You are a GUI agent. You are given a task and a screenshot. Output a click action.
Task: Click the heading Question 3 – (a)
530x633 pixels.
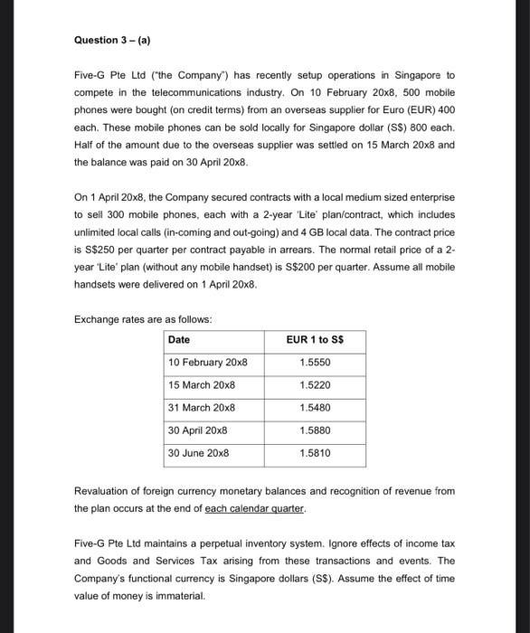pos(116,40)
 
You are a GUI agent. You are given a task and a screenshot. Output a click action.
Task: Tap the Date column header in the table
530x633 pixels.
pos(179,339)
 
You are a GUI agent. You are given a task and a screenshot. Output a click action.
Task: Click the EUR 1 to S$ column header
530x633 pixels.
pos(314,339)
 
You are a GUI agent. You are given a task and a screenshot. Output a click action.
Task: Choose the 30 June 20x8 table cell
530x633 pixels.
pos(199,452)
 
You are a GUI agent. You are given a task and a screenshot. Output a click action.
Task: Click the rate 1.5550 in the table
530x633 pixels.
pos(314,362)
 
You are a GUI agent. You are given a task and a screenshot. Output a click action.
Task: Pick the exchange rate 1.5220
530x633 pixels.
pos(314,384)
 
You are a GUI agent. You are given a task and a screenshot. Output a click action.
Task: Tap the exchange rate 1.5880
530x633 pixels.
pos(314,430)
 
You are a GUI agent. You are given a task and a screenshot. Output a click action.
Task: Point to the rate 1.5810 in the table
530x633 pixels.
pos(314,452)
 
